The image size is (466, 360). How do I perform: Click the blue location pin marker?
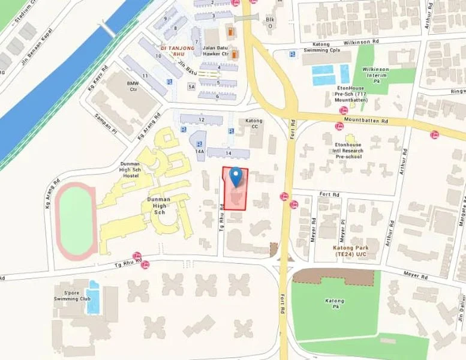pos(236,176)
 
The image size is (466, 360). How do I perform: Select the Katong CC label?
pos(254,124)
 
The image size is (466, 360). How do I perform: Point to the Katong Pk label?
pos(334,305)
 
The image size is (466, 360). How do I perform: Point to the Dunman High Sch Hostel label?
pos(131,170)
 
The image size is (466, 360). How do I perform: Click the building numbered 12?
pos(202,120)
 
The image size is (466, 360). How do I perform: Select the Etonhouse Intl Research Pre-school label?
pos(348,150)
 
